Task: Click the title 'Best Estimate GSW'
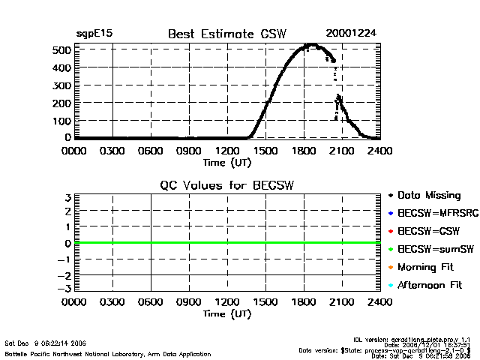pos(227,34)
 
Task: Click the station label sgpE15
pos(94,34)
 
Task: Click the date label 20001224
pos(352,34)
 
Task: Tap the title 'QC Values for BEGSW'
pos(227,185)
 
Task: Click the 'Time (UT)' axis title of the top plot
pos(227,161)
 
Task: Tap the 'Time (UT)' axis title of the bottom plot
pos(227,313)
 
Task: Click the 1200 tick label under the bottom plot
pos(227,302)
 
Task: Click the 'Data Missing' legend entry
pos(428,196)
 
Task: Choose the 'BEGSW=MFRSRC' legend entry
pos(432,214)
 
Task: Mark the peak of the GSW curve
pos(308,46)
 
